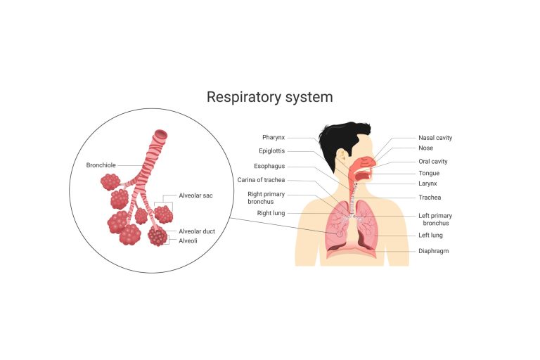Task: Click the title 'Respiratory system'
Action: coord(269,97)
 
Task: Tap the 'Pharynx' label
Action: coord(274,137)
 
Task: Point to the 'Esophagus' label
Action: coord(270,167)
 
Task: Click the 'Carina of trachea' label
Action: coord(261,180)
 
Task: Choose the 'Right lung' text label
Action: coord(271,212)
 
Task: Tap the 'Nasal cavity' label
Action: coord(435,138)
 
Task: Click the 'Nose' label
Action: coord(425,148)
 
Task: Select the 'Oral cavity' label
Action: coord(433,162)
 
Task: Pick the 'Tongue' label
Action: coord(429,173)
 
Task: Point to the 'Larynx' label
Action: coord(428,184)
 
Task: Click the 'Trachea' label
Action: coord(430,197)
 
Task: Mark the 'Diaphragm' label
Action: coord(434,250)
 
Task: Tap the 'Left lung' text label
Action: coord(431,235)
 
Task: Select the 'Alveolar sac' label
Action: coord(195,195)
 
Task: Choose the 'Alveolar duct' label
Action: coord(197,231)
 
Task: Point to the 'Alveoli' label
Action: coord(188,240)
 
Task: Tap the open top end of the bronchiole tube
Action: coord(161,134)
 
